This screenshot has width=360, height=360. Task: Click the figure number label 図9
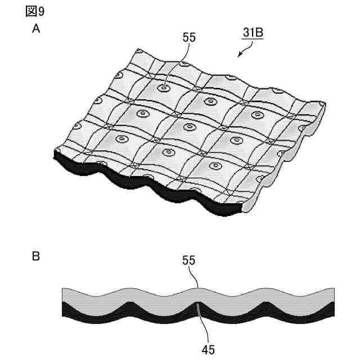(35, 11)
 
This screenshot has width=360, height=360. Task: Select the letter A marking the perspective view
(35, 30)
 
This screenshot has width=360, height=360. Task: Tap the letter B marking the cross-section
(35, 257)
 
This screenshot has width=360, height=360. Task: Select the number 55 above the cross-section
(189, 260)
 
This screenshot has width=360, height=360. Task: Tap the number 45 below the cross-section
(208, 349)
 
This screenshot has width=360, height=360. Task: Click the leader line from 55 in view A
(177, 64)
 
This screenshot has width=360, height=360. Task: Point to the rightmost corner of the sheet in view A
(325, 105)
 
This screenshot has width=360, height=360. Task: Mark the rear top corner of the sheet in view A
(135, 49)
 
